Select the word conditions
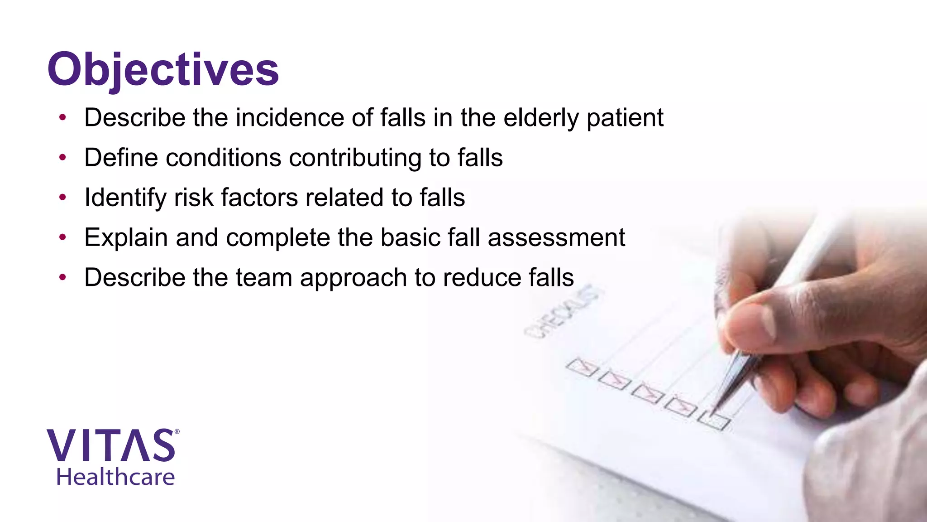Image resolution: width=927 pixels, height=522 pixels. tap(224, 158)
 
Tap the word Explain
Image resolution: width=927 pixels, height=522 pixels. tap(126, 238)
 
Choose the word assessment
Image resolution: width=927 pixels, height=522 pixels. tap(556, 238)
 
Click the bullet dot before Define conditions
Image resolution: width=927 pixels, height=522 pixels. tap(62, 158)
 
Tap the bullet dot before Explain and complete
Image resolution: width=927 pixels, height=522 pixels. tap(62, 237)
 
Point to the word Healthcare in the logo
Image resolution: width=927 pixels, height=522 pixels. tap(115, 477)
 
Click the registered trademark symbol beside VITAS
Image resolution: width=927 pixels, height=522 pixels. tap(177, 432)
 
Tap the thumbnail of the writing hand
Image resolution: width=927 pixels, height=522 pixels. tap(815, 317)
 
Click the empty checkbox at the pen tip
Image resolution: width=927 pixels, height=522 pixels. tap(714, 420)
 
